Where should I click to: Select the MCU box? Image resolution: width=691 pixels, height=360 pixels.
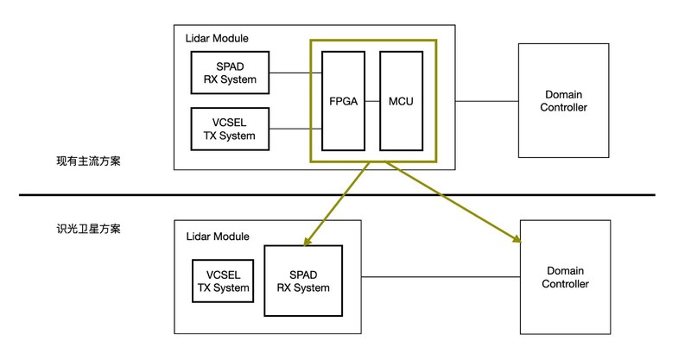(401, 101)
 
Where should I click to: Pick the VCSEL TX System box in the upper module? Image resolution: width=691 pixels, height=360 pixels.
(231, 129)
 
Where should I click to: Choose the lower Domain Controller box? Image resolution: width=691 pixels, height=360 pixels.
(567, 277)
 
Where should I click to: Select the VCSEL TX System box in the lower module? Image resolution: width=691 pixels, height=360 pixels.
(223, 281)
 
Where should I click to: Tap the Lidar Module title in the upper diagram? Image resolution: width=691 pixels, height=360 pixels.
(218, 38)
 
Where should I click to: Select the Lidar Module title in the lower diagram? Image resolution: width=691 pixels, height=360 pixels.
(218, 236)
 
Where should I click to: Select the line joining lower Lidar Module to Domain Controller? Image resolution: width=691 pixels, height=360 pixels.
(441, 277)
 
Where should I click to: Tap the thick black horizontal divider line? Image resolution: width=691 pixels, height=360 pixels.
(345, 195)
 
